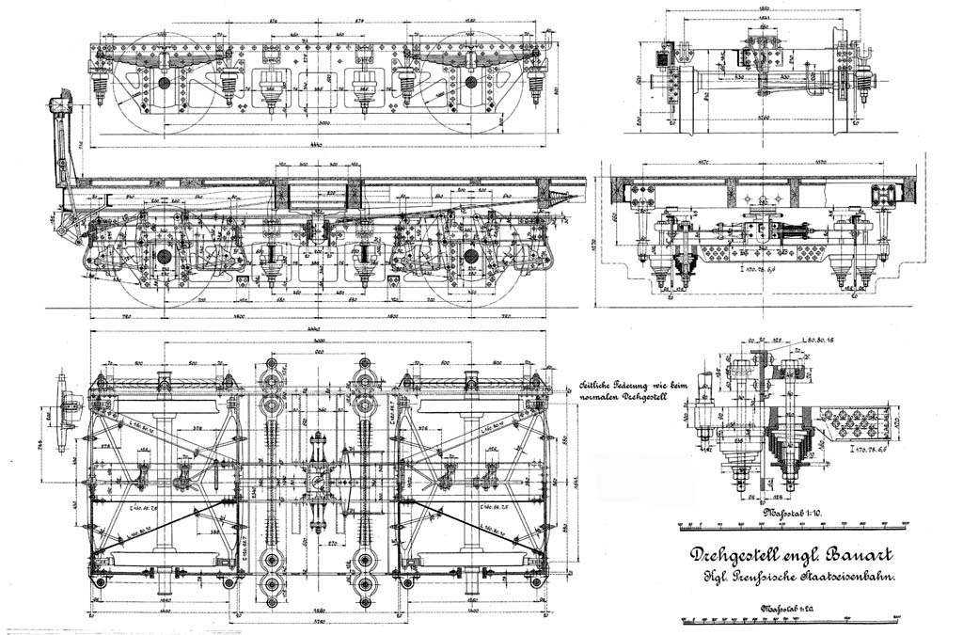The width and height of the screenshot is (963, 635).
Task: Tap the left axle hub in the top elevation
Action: coord(166,84)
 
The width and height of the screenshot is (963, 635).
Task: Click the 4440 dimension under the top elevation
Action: coord(316,143)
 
